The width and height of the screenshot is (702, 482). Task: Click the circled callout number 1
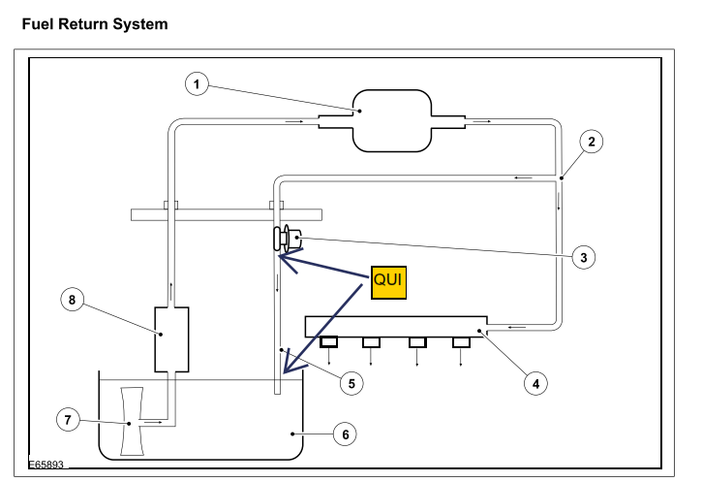pos(197,83)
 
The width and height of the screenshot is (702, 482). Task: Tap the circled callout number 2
pos(592,142)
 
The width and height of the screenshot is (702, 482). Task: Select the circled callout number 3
pos(583,257)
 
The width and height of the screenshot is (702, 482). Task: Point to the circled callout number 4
pos(535,384)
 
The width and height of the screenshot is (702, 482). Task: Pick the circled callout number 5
pos(351,384)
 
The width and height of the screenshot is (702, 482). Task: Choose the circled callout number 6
pos(345,434)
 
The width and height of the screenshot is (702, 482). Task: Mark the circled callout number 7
pos(68,420)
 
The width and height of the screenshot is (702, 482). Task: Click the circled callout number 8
pos(72,300)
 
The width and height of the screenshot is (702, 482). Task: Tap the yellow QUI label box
pos(388,282)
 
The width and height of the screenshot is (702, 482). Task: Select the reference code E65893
pos(46,465)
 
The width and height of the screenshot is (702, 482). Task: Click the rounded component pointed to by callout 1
pos(392,121)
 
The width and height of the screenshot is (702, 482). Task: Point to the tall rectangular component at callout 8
pos(171,339)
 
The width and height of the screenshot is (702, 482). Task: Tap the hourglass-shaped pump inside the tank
pos(132,422)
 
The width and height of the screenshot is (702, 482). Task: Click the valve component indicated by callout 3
pos(287,238)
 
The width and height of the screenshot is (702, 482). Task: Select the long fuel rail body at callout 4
pos(396,327)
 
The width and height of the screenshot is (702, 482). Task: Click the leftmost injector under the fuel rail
pos(328,342)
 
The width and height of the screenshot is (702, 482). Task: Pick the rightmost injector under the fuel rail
pos(461,342)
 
